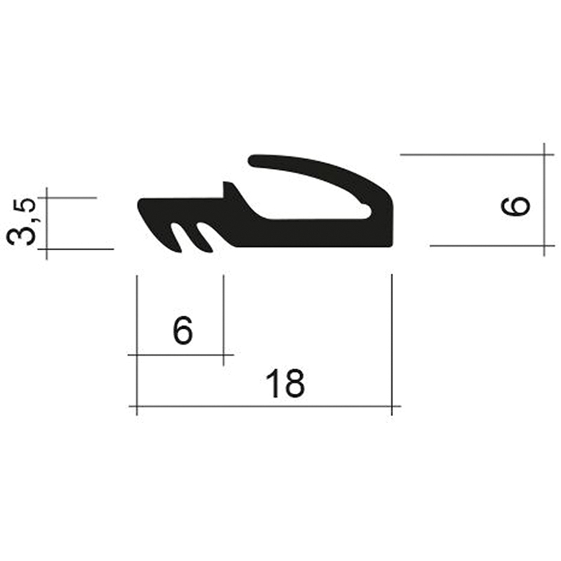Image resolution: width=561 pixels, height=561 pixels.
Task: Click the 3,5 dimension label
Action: (22, 222)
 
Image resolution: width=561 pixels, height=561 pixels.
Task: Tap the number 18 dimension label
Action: (285, 384)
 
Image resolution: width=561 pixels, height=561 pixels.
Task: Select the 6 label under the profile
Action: (183, 330)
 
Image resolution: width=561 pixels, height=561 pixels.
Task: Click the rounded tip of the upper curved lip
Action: (252, 161)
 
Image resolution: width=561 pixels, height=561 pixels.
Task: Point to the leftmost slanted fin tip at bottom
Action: (179, 252)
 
